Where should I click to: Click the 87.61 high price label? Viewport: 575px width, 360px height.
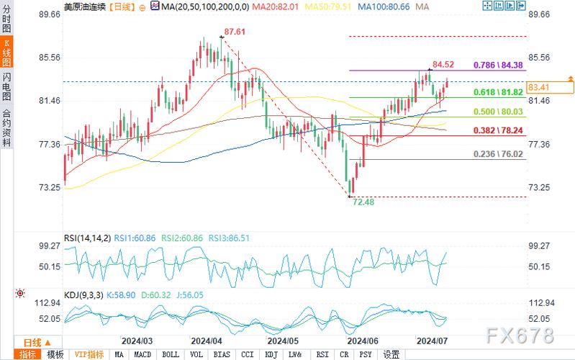(235, 32)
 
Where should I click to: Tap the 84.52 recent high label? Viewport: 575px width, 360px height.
(443, 65)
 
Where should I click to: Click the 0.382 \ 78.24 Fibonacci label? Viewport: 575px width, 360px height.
(498, 131)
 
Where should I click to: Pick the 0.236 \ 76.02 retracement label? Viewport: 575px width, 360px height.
(498, 154)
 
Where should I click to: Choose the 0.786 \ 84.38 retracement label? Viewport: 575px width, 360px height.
(498, 65)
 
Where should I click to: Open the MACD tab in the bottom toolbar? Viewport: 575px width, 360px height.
(143, 354)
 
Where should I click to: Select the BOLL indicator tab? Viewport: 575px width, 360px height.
(171, 354)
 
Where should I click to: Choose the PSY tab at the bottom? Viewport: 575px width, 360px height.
(366, 354)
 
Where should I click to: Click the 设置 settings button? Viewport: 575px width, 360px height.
(391, 354)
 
